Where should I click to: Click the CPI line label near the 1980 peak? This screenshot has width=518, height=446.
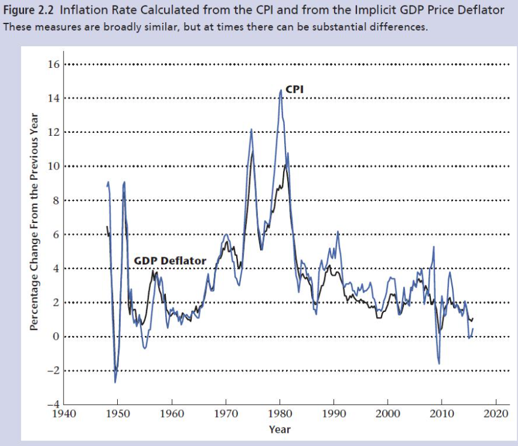[294, 88]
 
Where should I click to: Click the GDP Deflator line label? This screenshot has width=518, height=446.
[169, 261]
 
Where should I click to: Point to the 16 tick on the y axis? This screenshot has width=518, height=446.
[54, 64]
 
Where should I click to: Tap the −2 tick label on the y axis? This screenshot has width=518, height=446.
[53, 371]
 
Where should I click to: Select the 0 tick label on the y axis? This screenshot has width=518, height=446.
[55, 337]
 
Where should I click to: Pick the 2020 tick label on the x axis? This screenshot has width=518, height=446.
[496, 414]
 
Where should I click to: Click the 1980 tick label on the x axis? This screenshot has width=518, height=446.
[279, 414]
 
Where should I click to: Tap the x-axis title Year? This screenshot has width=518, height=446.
[279, 429]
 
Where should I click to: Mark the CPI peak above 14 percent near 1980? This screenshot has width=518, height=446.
[281, 90]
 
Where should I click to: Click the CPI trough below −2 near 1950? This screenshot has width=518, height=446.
[115, 382]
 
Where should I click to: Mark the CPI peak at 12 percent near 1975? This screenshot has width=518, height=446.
[251, 129]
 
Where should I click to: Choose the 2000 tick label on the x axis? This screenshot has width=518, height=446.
[388, 414]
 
